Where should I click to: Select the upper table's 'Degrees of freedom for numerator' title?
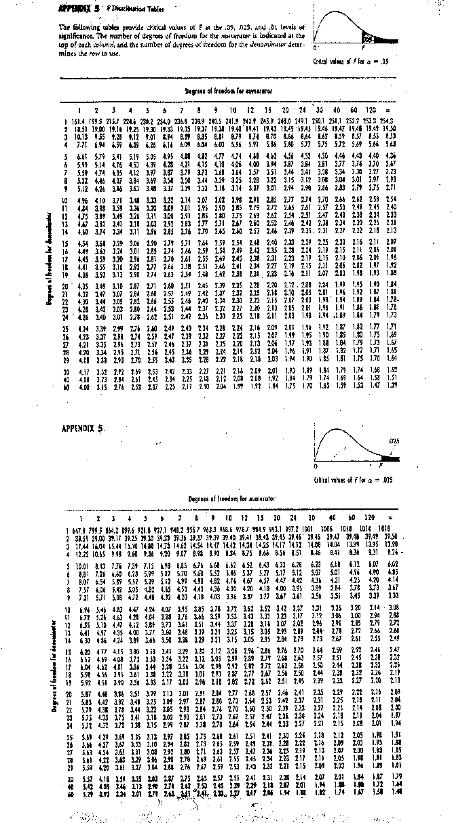(224, 90)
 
